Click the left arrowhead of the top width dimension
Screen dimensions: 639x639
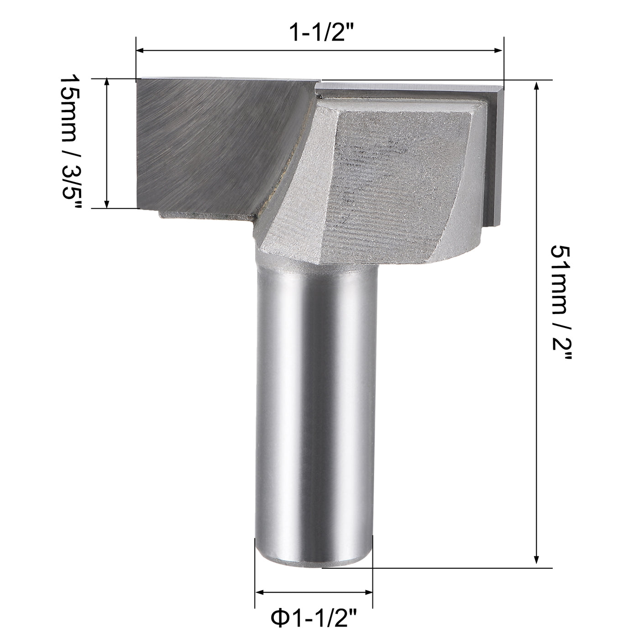(x=141, y=51)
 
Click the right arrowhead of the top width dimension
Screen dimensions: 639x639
(x=499, y=51)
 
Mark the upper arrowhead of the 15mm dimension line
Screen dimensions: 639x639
(x=107, y=83)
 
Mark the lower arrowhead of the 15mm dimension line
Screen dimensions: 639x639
(x=107, y=204)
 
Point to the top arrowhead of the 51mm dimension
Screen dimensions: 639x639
(x=537, y=86)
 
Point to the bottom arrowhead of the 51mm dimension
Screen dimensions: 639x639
(x=537, y=563)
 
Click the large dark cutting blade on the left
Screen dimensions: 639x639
(x=205, y=141)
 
